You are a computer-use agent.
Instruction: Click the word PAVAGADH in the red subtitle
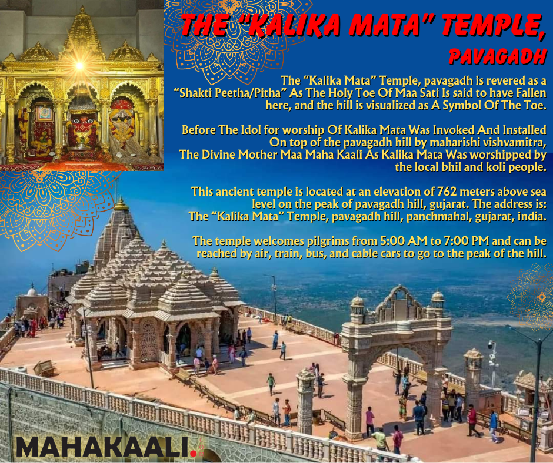click(498, 57)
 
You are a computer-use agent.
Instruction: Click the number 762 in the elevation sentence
click(447, 192)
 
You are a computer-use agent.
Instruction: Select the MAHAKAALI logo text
click(102, 447)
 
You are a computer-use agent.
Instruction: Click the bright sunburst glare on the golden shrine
click(79, 66)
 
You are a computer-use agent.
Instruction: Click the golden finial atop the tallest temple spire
click(121, 204)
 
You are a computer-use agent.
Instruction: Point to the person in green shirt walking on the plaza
click(271, 384)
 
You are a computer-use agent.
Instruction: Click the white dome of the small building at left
click(32, 291)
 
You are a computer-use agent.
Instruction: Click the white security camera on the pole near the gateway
click(491, 345)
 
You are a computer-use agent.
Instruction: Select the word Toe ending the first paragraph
click(537, 105)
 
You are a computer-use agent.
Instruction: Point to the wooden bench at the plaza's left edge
click(45, 368)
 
